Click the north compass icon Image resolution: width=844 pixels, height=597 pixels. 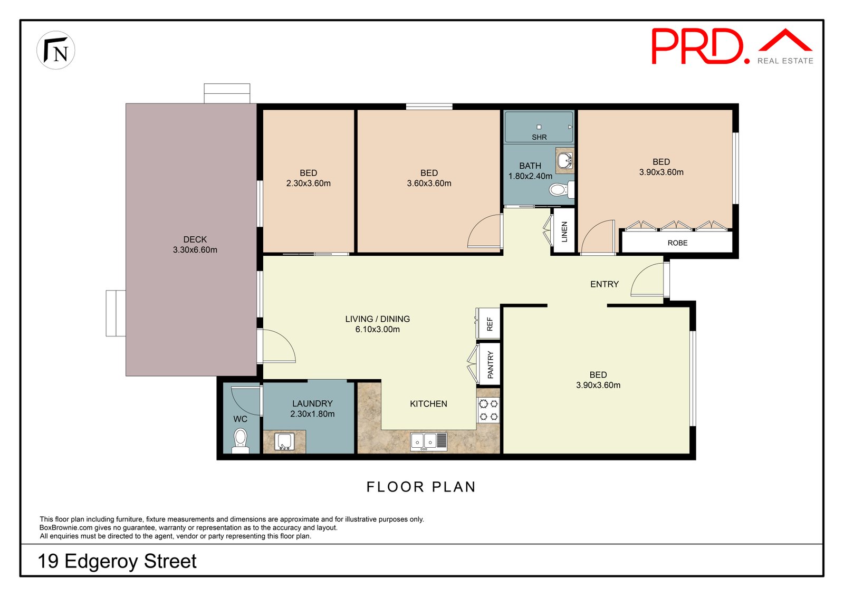point(56,50)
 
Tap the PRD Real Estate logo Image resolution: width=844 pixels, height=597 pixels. point(732,46)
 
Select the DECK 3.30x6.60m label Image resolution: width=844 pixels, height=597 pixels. point(195,245)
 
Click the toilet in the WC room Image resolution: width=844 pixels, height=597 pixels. point(240,441)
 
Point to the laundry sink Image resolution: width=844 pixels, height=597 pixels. point(284,441)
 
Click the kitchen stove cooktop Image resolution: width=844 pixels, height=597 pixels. point(488,410)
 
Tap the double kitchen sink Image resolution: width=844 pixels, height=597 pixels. point(429,441)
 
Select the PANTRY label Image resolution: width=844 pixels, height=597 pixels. point(490,364)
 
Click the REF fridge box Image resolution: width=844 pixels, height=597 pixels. point(488,323)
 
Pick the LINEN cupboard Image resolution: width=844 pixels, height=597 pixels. point(564,231)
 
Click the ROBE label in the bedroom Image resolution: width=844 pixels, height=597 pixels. point(677,243)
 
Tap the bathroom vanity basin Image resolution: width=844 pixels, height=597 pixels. point(565,160)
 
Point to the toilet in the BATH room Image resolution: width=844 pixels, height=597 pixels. point(561,189)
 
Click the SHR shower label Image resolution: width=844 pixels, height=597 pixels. point(539,137)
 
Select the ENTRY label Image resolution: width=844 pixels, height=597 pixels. point(605,284)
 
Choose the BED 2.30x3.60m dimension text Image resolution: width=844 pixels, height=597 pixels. point(308,184)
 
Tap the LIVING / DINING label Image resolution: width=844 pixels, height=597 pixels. point(378,319)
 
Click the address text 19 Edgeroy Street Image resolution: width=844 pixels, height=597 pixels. point(117,561)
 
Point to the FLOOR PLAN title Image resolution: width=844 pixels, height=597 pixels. point(421,487)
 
